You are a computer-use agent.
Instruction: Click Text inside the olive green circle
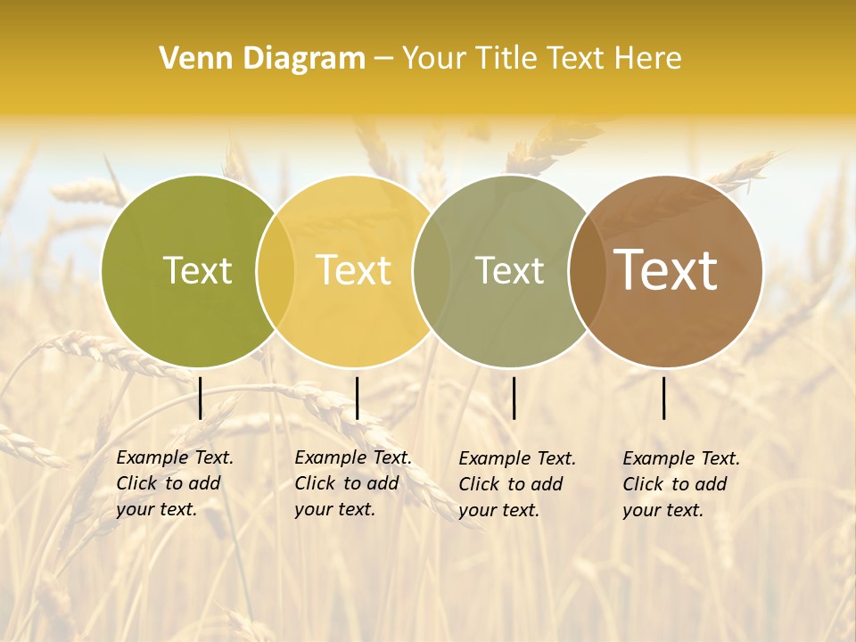coord(197,270)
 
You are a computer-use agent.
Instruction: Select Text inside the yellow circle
coord(354,270)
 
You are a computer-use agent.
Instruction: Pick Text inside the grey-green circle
coord(510,270)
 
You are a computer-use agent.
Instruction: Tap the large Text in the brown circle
coord(666,269)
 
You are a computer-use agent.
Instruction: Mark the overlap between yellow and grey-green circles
coord(432,270)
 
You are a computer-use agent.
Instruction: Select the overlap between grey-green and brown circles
coord(585,270)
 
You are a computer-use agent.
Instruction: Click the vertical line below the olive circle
coord(201,398)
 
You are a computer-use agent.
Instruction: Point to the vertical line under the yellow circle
coord(357,398)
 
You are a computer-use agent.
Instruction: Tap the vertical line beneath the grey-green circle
coord(514,398)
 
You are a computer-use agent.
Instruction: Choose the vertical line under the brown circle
coord(664,398)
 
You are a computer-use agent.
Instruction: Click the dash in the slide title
coord(383,59)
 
